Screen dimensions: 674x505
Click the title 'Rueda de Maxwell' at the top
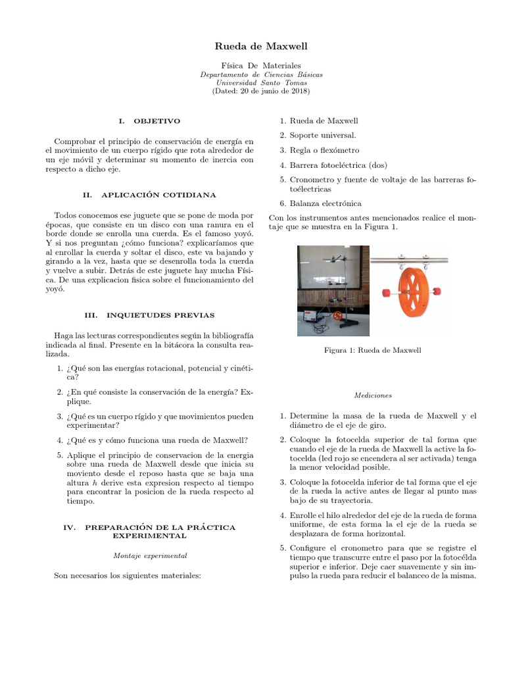pos(252,46)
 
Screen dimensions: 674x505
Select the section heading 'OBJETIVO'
pos(156,122)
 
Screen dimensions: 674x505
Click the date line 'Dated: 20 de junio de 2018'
pos(252,91)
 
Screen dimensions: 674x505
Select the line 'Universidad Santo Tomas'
pos(252,83)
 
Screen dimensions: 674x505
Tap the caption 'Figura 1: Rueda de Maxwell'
pos(373,350)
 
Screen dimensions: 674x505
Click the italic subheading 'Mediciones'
pos(373,396)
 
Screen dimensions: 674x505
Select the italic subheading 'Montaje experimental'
pos(151,556)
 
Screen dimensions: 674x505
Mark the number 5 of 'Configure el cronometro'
pos(283,548)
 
